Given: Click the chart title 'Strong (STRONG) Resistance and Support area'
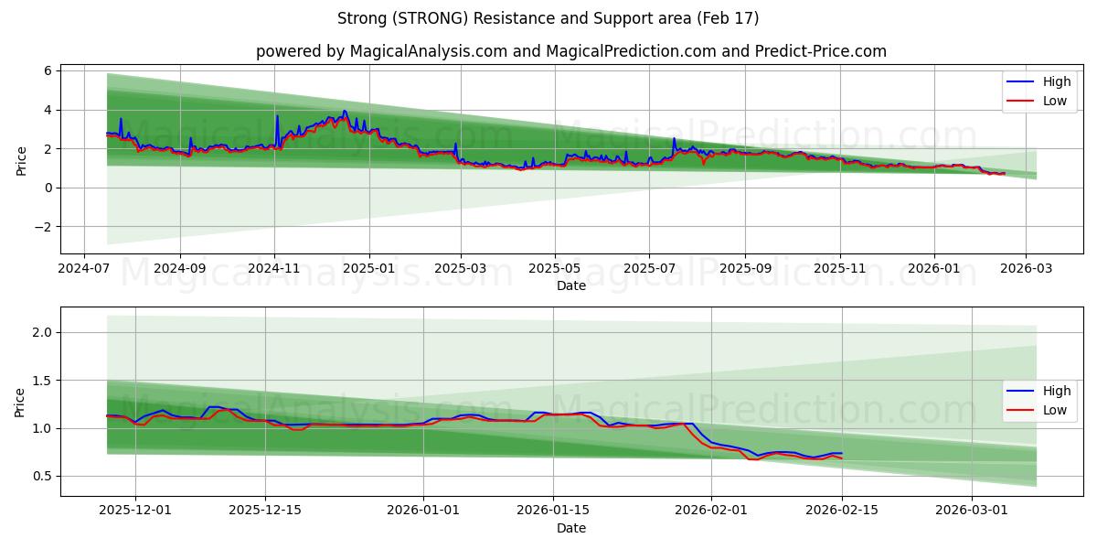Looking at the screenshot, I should pyautogui.click(x=548, y=18).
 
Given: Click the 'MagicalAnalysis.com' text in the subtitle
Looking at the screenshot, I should pyautogui.click(x=429, y=51).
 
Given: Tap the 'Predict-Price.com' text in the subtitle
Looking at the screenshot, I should pyautogui.click(x=821, y=51).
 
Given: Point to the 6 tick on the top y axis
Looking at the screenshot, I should pyautogui.click(x=48, y=70).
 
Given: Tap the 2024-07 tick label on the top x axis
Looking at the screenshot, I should pyautogui.click(x=84, y=270).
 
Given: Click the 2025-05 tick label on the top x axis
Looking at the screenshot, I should pyautogui.click(x=554, y=270).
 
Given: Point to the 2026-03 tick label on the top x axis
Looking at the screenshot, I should pyautogui.click(x=1025, y=270).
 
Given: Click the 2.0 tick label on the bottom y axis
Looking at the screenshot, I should pyautogui.click(x=43, y=332).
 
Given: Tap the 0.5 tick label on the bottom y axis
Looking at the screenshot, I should pyautogui.click(x=43, y=476).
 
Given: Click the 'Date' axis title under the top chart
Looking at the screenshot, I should pyautogui.click(x=571, y=285).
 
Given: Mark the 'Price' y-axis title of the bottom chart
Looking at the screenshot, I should pyautogui.click(x=20, y=402).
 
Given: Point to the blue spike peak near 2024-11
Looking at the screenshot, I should pyautogui.click(x=277, y=115).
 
